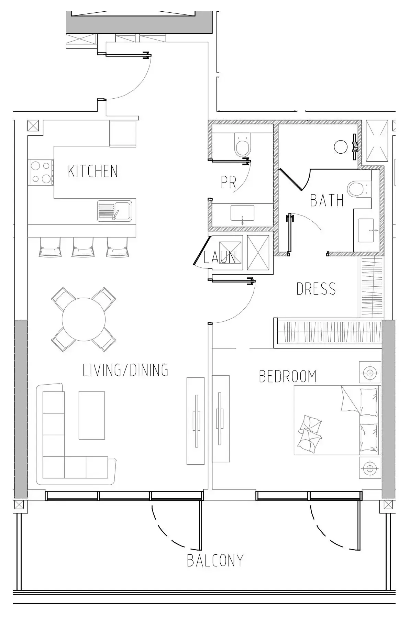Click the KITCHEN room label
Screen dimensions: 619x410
pyautogui.click(x=93, y=171)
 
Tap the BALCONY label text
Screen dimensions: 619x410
pyautogui.click(x=215, y=561)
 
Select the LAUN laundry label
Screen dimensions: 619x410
pyautogui.click(x=220, y=257)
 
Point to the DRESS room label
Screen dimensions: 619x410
pyautogui.click(x=316, y=289)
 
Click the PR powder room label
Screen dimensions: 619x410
pyautogui.click(x=228, y=183)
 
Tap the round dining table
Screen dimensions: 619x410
pyautogui.click(x=84, y=319)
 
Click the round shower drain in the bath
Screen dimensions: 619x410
pyautogui.click(x=341, y=147)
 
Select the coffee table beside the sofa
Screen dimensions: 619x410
pyautogui.click(x=92, y=415)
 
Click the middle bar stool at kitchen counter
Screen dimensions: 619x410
pyautogui.click(x=83, y=247)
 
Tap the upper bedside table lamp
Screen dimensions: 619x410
pyautogui.click(x=370, y=372)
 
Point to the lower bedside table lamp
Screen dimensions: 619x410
pyautogui.click(x=370, y=468)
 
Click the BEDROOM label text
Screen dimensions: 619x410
pyautogui.click(x=287, y=377)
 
